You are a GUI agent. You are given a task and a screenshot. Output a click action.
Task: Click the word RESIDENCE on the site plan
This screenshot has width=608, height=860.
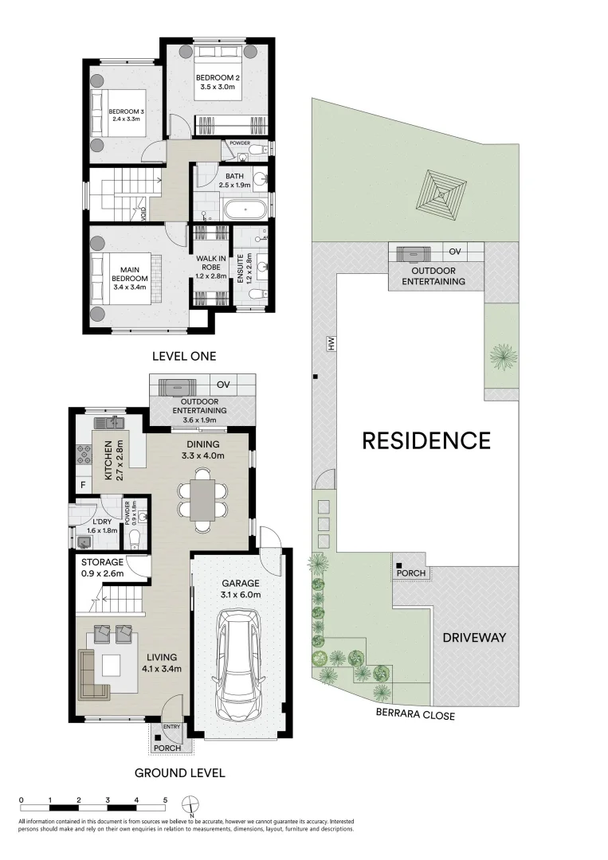point(426,440)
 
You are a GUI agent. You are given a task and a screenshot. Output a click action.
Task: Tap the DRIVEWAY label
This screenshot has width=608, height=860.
point(475,637)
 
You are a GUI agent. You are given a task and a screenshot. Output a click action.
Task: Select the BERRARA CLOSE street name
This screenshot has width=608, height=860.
point(415,715)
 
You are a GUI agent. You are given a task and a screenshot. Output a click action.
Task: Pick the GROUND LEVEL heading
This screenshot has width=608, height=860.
point(179,772)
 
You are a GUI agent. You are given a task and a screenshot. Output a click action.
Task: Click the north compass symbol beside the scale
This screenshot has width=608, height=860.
point(190,803)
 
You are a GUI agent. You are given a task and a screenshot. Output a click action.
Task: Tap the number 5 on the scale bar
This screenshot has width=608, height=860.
point(165,799)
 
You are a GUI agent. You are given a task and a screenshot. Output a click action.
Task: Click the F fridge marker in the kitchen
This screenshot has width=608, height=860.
point(82,485)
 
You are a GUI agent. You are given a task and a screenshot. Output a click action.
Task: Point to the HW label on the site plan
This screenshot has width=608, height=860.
point(328,343)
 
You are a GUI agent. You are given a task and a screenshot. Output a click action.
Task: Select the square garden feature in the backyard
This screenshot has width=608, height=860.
point(441,190)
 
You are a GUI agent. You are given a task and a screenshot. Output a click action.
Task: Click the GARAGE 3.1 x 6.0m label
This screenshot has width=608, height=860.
point(240,588)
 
